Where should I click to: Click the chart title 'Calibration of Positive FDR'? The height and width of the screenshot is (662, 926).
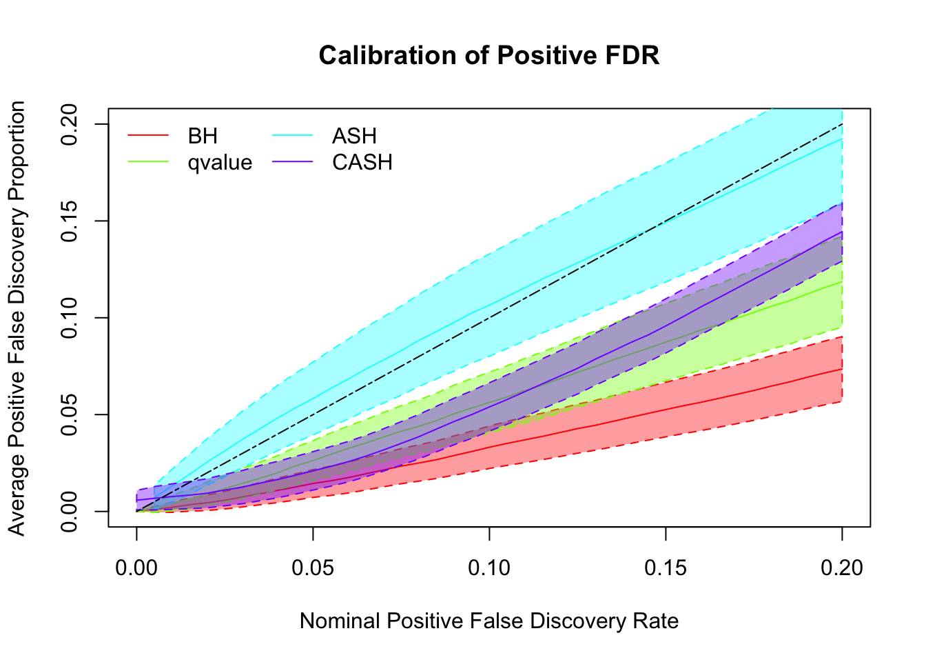489,55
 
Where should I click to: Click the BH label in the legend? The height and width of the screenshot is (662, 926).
203,136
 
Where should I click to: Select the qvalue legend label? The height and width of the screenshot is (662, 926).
220,163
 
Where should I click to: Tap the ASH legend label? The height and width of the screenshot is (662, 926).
354,136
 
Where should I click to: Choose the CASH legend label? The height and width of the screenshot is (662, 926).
362,163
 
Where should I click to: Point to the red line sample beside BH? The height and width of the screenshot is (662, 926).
148,136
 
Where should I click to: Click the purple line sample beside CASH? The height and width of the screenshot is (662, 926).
293,163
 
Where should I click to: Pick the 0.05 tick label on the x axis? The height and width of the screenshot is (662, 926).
313,568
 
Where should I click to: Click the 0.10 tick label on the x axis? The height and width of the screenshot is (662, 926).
489,568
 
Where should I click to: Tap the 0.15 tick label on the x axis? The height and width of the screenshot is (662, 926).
666,568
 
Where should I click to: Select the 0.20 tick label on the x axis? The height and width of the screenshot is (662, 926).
842,568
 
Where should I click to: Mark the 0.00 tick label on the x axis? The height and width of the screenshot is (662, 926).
136,568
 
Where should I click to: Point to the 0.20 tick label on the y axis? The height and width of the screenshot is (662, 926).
70,124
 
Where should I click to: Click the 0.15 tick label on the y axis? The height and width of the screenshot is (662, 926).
70,221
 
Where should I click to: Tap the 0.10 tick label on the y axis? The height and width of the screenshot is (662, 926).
70,318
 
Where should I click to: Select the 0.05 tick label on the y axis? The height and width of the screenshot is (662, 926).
70,414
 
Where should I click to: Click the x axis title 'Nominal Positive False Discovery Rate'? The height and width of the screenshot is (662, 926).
489,621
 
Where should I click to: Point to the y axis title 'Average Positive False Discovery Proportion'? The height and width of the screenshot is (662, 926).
17,318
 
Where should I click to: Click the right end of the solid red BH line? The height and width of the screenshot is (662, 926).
842,369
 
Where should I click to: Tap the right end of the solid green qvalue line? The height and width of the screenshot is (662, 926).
842,281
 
